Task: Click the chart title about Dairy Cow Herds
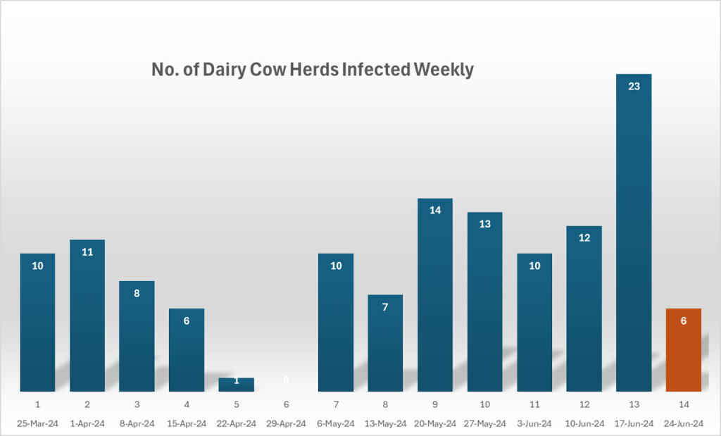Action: tap(313, 70)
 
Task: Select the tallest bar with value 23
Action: tap(634, 232)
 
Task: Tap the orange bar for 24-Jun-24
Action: tap(683, 350)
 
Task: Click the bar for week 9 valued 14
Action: tap(435, 296)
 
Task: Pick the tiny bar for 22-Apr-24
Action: tap(236, 385)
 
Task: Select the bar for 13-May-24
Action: tap(385, 343)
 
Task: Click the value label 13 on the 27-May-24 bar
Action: tap(484, 223)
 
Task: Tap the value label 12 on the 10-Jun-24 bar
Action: tap(584, 237)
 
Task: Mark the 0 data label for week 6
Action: tap(286, 380)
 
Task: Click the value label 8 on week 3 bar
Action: tap(137, 293)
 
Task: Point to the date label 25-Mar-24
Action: tap(37, 424)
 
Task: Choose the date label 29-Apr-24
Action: tap(286, 424)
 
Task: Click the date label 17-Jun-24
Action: tap(634, 424)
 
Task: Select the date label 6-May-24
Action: tap(336, 424)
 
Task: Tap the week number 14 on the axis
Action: tap(683, 405)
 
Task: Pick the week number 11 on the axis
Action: tap(534, 405)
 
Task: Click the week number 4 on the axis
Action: tap(187, 405)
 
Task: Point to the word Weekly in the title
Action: tap(444, 70)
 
